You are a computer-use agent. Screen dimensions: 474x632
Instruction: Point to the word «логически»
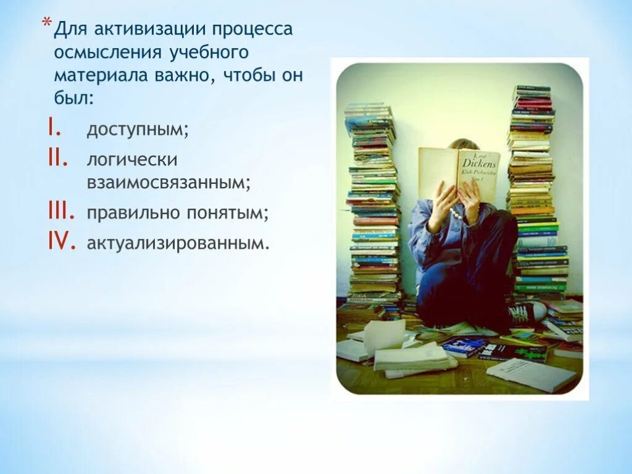(132, 160)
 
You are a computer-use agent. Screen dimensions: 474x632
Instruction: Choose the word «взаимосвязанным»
(168, 183)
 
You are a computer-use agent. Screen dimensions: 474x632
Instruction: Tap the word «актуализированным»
(178, 243)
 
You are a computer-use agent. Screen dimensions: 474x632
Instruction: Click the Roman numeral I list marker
(52, 128)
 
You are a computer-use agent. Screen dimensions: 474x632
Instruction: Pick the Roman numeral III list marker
(60, 212)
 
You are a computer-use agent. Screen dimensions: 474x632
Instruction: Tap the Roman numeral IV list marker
(62, 243)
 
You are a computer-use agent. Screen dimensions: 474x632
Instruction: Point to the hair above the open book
(463, 144)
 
